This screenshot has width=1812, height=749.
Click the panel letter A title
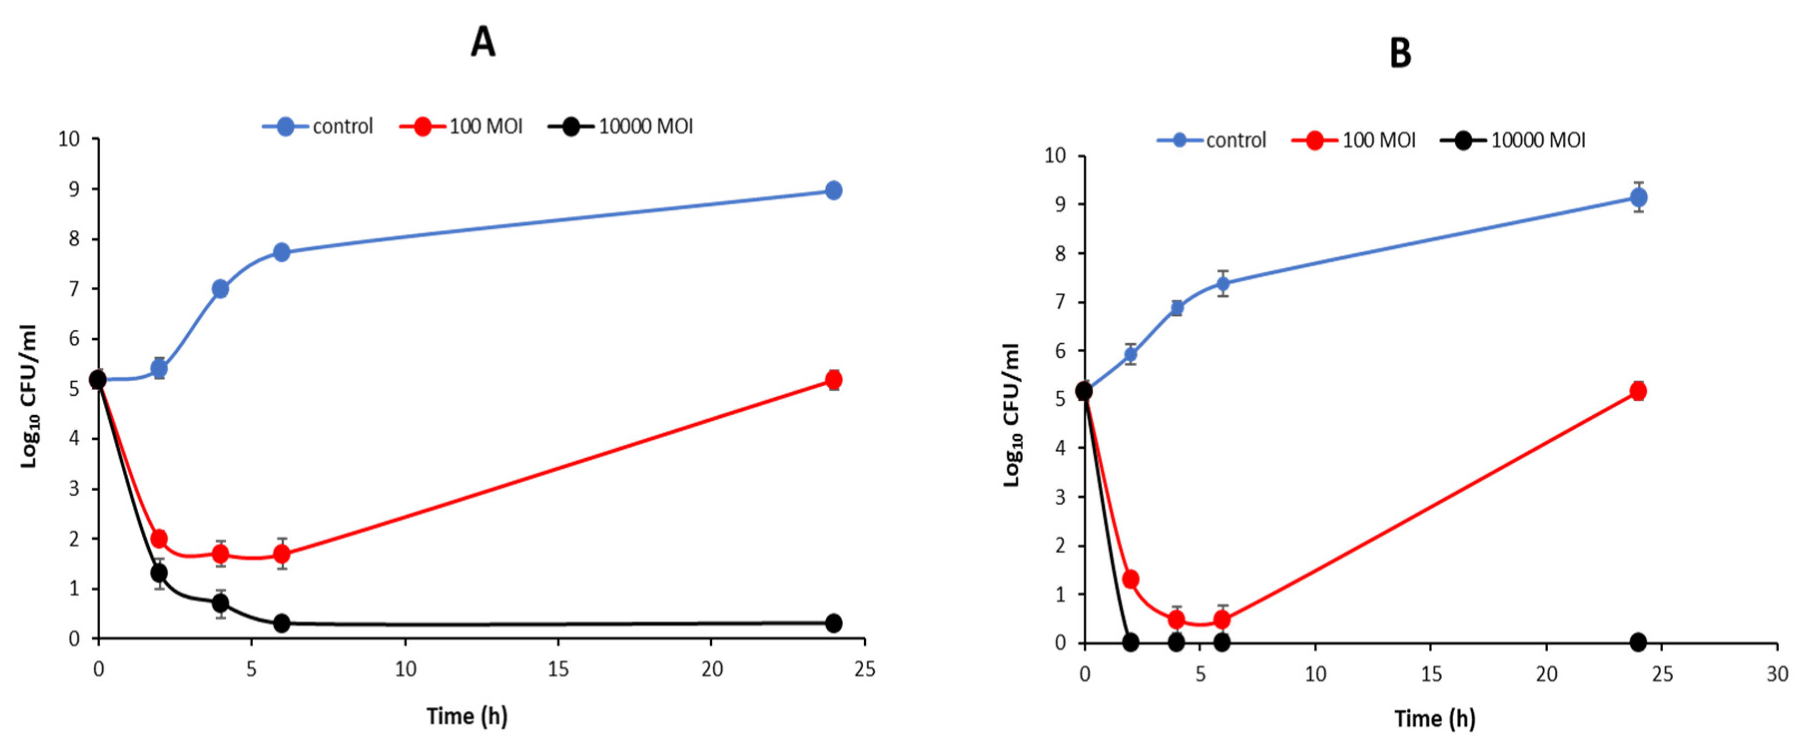(x=483, y=42)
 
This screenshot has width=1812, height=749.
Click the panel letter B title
(x=1401, y=53)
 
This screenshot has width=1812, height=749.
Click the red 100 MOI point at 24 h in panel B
(x=1638, y=391)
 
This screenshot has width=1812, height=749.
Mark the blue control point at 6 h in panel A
(x=282, y=252)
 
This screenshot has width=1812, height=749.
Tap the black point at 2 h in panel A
(x=159, y=572)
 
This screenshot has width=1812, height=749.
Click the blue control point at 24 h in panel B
(x=1638, y=198)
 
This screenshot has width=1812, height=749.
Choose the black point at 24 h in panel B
(x=1638, y=641)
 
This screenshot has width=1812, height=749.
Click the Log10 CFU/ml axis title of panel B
(x=1011, y=415)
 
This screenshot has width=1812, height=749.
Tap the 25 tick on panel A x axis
(x=865, y=669)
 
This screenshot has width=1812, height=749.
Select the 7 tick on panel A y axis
(x=74, y=289)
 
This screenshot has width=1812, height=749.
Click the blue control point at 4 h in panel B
(x=1176, y=308)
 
